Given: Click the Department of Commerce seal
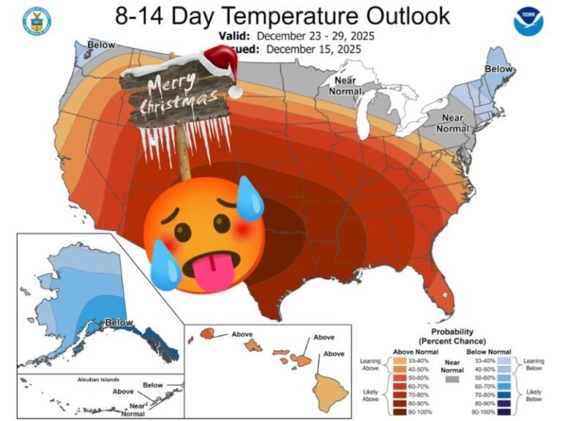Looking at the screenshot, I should coord(33,21).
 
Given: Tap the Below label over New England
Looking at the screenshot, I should coord(500,69).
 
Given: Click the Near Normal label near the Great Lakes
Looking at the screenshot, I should coord(345,86).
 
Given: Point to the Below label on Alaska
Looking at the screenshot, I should coord(119,322).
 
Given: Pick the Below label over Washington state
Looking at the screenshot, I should coord(101,45).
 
